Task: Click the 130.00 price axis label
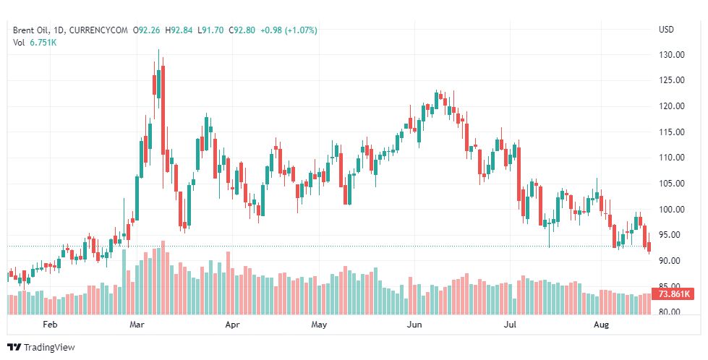pyautogui.click(x=672, y=55)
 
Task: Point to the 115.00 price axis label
pyautogui.click(x=672, y=132)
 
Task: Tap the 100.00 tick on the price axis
pyautogui.click(x=672, y=210)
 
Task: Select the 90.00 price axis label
pyautogui.click(x=672, y=261)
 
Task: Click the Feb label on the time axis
pyautogui.click(x=50, y=325)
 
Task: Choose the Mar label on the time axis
pyautogui.click(x=137, y=325)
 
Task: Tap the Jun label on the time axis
pyautogui.click(x=414, y=325)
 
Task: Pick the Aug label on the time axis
pyautogui.click(x=602, y=325)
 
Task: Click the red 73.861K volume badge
pyautogui.click(x=673, y=294)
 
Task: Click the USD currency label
pyautogui.click(x=666, y=30)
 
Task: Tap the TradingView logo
pyautogui.click(x=40, y=348)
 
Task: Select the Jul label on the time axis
pyautogui.click(x=510, y=325)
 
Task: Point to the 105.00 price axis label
pyautogui.click(x=672, y=184)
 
